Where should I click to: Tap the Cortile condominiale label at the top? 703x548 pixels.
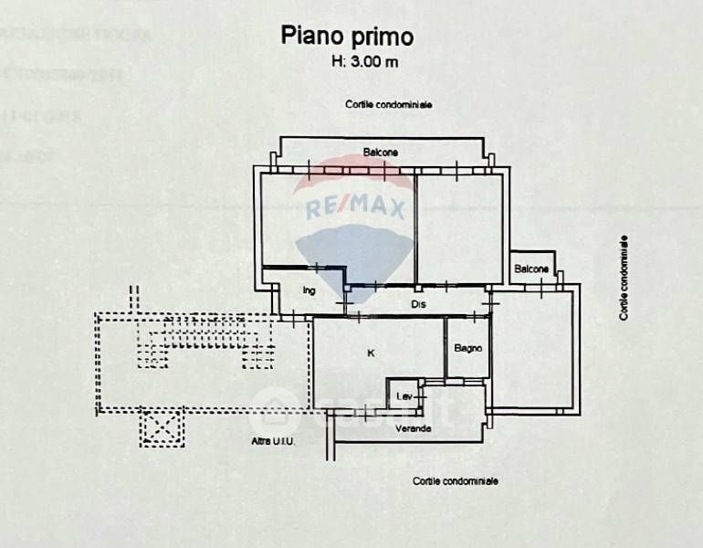(388, 105)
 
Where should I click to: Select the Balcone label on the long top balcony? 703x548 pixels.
(380, 152)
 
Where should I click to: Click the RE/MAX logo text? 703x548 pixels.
(355, 208)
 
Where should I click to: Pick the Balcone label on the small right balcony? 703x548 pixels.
(531, 269)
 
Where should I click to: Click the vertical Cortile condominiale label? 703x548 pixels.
(624, 278)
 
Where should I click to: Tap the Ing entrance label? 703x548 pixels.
(309, 291)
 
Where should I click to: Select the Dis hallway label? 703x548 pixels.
(418, 304)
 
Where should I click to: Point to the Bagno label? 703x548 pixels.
(467, 348)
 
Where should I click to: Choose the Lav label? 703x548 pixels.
(403, 397)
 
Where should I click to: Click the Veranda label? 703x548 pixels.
(413, 428)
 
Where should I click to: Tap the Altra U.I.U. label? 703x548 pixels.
(272, 442)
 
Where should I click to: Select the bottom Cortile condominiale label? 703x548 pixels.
(455, 480)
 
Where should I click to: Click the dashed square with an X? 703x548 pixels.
(163, 427)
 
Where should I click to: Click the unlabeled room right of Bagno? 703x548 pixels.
(534, 347)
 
